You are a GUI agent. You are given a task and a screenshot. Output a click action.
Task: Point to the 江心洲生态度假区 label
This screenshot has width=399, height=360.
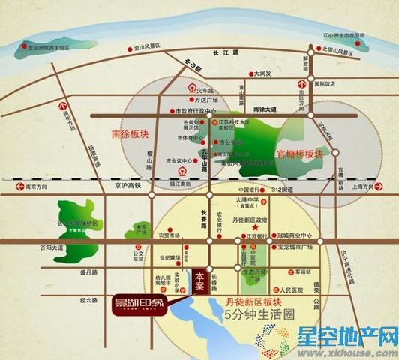[x=343, y=35]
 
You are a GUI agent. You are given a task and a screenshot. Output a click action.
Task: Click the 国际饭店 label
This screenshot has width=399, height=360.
[x=325, y=84]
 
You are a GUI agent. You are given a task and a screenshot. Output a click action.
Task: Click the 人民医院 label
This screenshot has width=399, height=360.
[x=285, y=289]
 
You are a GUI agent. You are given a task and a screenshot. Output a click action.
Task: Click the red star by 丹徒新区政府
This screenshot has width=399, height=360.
[x=255, y=227]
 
